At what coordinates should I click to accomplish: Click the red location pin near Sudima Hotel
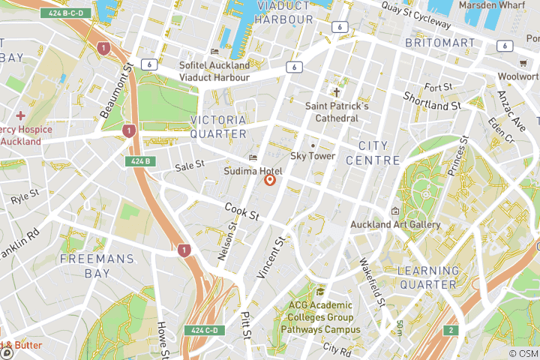point(270,180)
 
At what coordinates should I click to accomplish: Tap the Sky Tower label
point(313,156)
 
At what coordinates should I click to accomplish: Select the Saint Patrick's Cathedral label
point(337,112)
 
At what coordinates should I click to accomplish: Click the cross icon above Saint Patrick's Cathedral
point(337,93)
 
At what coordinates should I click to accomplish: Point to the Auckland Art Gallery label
point(395,224)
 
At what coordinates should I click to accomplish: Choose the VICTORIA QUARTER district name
point(218,127)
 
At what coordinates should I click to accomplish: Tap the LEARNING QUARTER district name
point(427,277)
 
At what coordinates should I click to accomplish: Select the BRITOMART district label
point(439,43)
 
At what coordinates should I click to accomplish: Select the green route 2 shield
point(451,330)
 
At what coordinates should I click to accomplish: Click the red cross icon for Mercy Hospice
point(20,115)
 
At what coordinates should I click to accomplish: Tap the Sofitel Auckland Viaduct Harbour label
point(214,71)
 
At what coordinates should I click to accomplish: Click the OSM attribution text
point(523,353)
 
